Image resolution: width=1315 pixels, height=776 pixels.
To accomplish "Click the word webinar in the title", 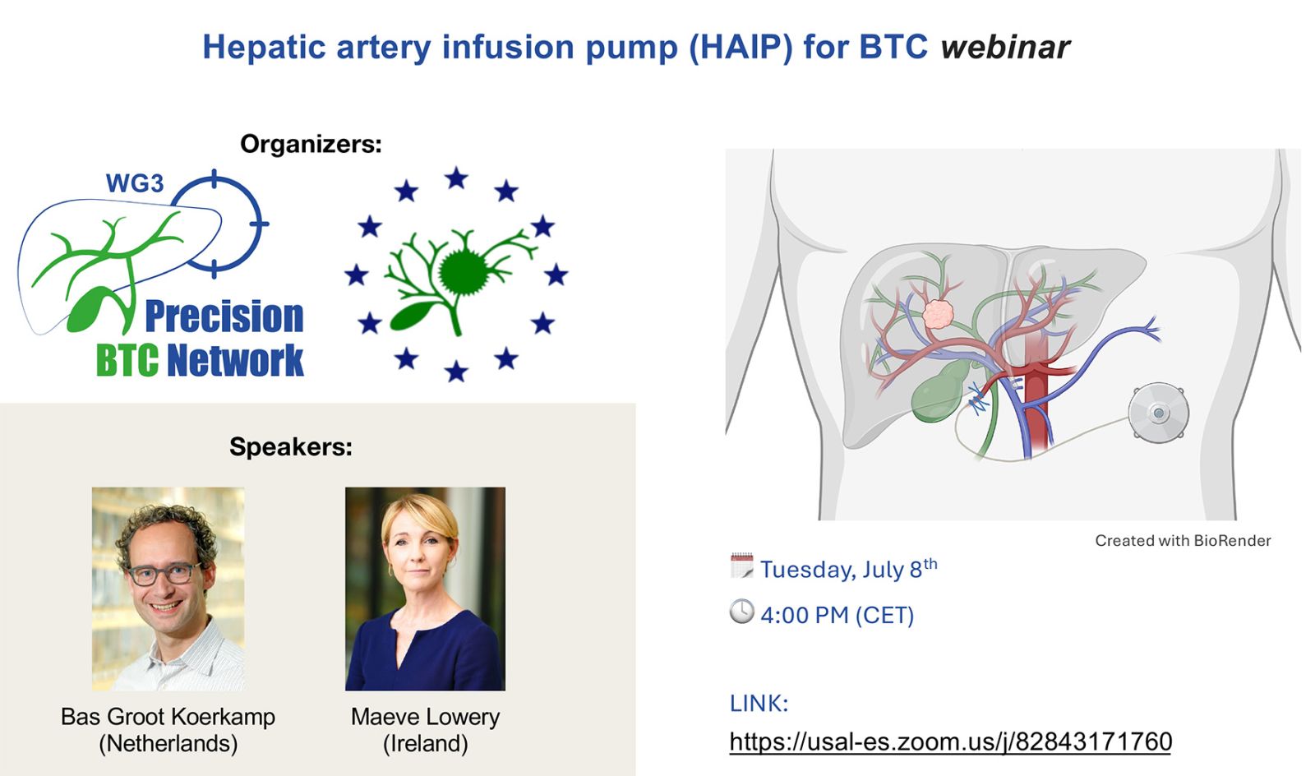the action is tap(1006, 47).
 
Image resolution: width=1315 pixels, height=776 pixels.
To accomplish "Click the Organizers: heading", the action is tap(311, 144).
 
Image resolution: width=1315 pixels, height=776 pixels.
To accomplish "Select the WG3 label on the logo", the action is tap(135, 183).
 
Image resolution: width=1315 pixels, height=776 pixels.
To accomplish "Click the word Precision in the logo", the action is tap(224, 316).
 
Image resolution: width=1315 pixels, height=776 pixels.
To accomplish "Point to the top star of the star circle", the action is tap(456, 178).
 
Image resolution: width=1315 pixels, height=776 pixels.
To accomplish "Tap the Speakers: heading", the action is tap(291, 446).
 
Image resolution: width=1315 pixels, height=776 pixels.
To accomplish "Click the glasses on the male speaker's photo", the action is tap(164, 573).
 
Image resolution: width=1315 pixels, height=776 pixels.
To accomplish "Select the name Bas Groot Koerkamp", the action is tap(168, 717).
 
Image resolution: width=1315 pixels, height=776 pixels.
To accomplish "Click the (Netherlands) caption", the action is tap(168, 744).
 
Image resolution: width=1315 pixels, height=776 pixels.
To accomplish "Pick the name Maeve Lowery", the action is tap(425, 717).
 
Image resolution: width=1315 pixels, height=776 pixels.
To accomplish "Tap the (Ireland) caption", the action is tap(425, 744).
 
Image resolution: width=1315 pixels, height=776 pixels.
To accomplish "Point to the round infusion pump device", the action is tap(1158, 412).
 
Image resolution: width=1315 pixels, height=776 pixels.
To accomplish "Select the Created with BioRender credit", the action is tap(1183, 541).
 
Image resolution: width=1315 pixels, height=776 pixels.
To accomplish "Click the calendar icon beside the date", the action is tap(741, 566).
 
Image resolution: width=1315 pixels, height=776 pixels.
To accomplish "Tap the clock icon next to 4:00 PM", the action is tap(741, 611).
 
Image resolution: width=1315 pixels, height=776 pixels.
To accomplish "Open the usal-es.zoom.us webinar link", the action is tap(950, 741).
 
